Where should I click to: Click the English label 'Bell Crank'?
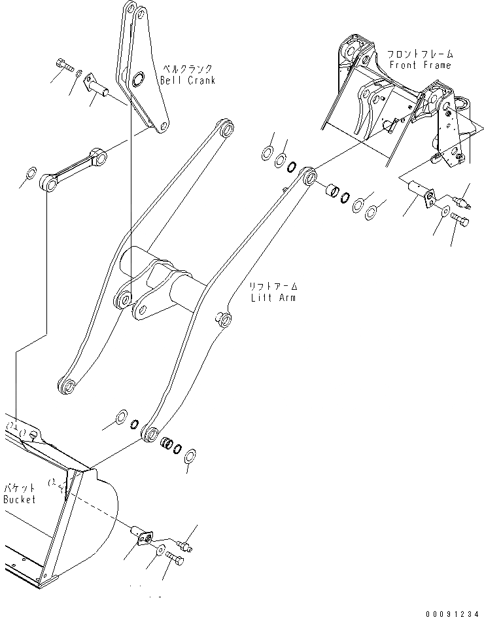pyautogui.click(x=188, y=80)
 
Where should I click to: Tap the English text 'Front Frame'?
pyautogui.click(x=420, y=65)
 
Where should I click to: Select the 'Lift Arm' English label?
pyautogui.click(x=273, y=298)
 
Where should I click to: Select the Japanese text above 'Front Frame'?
pyautogui.click(x=419, y=54)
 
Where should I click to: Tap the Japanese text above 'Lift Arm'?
pyautogui.click(x=273, y=287)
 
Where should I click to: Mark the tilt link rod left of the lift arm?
pyautogui.click(x=73, y=168)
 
